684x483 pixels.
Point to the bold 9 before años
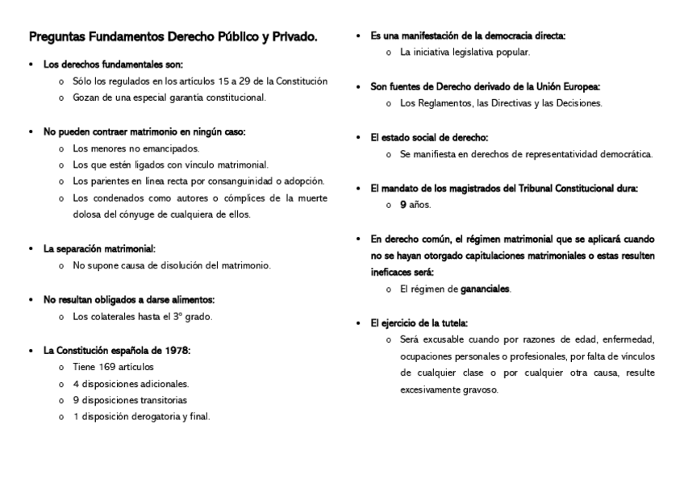pos(402,205)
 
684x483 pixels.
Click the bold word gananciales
pos(485,289)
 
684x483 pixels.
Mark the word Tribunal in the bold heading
pos(521,188)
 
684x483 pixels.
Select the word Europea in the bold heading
pos(581,86)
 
